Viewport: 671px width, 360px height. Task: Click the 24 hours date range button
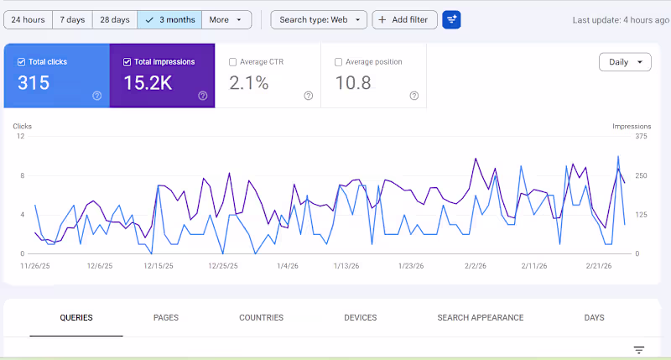pyautogui.click(x=28, y=19)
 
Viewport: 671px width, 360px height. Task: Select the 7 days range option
pyautogui.click(x=71, y=19)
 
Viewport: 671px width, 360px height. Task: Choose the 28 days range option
pyautogui.click(x=115, y=19)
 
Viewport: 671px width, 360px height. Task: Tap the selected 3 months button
pyautogui.click(x=169, y=19)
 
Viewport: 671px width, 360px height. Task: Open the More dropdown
pyautogui.click(x=226, y=19)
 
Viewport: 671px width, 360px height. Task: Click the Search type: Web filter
pyautogui.click(x=319, y=19)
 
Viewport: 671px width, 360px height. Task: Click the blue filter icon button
pyautogui.click(x=451, y=19)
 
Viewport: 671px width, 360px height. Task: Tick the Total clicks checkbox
pyautogui.click(x=22, y=62)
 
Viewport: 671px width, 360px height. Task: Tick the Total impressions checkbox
pyautogui.click(x=127, y=62)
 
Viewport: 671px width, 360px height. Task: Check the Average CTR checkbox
pyautogui.click(x=233, y=62)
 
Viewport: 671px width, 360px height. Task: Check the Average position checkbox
pyautogui.click(x=339, y=62)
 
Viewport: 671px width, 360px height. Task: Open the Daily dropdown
pyautogui.click(x=625, y=62)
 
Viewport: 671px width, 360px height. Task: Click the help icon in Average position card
pyautogui.click(x=414, y=96)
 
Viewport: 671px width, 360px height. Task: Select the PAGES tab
pyautogui.click(x=166, y=318)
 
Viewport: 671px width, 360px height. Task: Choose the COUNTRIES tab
pyautogui.click(x=261, y=318)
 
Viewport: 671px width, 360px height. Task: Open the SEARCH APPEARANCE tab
pyautogui.click(x=481, y=318)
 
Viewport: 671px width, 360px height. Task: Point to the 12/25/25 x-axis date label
pyautogui.click(x=222, y=266)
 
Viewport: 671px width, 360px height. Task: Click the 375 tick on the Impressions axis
pyautogui.click(x=642, y=136)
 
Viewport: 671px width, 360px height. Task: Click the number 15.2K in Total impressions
pyautogui.click(x=148, y=83)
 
